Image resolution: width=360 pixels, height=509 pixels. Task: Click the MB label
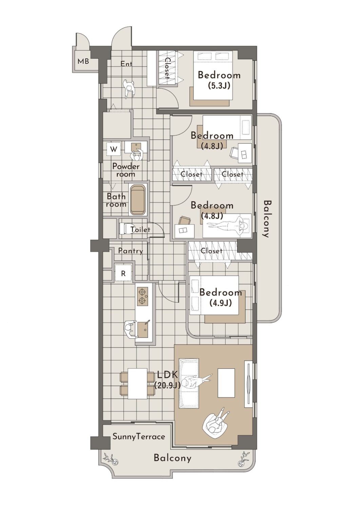tap(83, 61)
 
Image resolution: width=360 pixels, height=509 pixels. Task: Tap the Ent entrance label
tap(126, 64)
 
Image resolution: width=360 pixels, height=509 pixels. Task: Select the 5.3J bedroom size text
tap(219, 86)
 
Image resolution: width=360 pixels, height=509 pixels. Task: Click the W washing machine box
tap(114, 150)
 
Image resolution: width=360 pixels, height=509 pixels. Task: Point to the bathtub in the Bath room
tap(138, 200)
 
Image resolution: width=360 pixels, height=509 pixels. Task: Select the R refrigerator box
tap(123, 274)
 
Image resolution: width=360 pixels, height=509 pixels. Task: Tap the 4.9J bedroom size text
tap(221, 303)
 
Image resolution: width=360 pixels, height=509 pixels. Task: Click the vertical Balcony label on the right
tap(268, 219)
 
